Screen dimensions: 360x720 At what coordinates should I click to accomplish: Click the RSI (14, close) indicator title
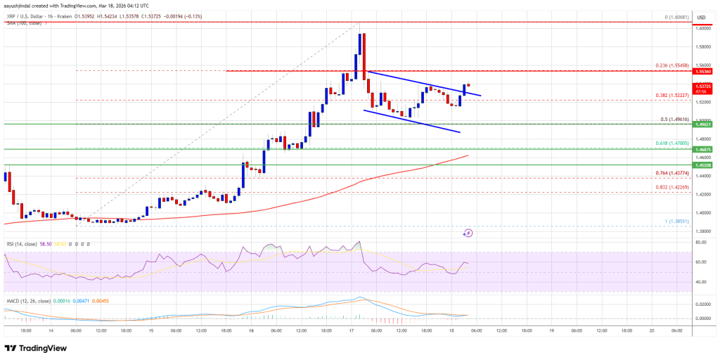coord(20,243)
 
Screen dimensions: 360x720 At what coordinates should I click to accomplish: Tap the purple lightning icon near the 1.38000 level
coord(468,233)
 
